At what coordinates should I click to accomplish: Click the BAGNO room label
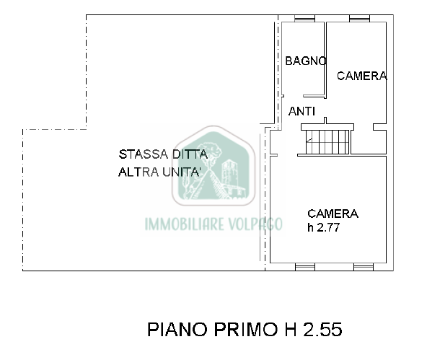(306, 61)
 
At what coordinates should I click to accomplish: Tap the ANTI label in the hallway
(301, 111)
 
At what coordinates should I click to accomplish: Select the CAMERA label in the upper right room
(362, 76)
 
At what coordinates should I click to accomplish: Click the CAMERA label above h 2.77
(333, 214)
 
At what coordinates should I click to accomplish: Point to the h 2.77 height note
(324, 227)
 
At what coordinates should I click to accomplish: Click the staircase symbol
(327, 142)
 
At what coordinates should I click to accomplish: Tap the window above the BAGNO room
(304, 19)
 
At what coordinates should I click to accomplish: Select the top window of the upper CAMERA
(359, 19)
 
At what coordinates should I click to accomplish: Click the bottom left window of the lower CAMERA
(305, 267)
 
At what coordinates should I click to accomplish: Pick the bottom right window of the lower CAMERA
(364, 267)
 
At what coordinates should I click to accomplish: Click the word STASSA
(144, 154)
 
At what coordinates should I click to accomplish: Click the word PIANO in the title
(177, 329)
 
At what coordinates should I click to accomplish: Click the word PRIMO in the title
(246, 329)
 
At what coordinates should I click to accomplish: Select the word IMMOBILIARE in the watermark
(185, 224)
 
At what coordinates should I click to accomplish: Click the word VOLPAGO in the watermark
(255, 224)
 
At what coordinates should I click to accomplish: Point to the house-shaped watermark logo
(213, 165)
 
